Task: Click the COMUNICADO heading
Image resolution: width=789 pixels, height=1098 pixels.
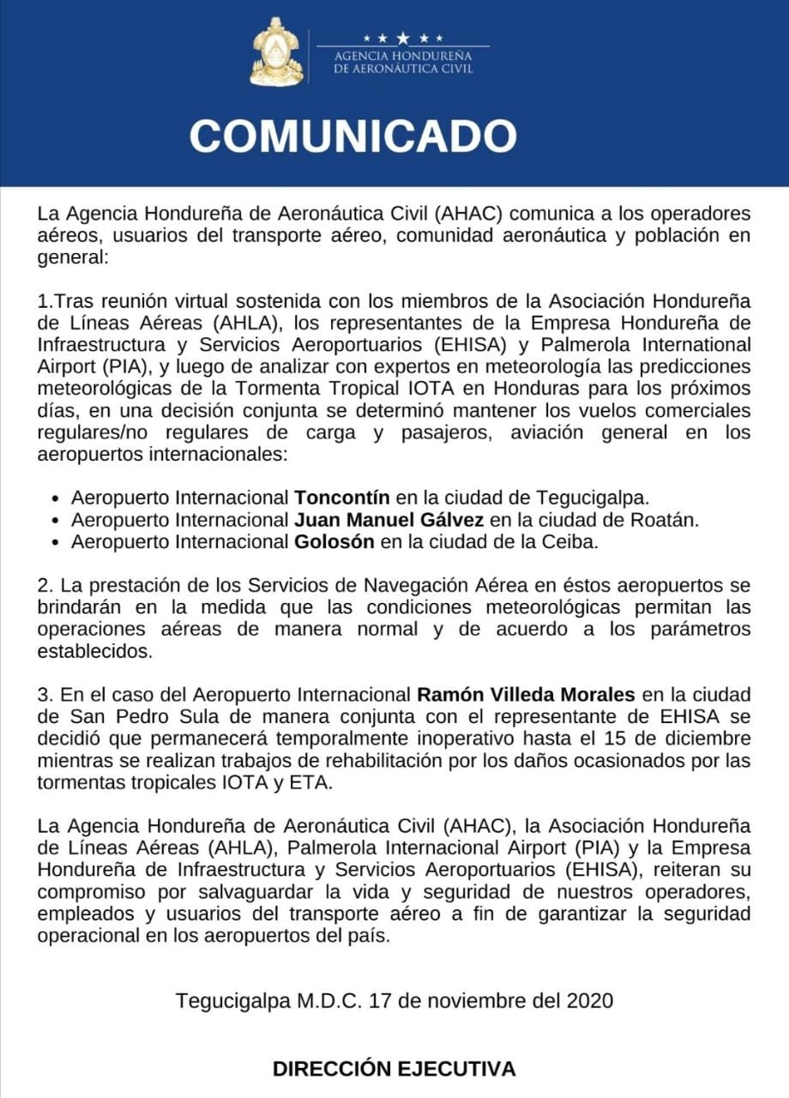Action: [352, 136]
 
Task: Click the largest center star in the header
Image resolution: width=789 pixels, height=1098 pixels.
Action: [403, 38]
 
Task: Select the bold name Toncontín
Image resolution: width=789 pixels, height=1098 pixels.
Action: [342, 498]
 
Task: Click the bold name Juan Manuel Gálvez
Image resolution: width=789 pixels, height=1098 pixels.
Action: [388, 520]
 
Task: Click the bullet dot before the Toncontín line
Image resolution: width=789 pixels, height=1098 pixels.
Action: [56, 498]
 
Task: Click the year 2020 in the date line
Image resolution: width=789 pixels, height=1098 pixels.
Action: [589, 1001]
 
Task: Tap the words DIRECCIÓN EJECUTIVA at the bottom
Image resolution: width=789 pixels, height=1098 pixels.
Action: [394, 1069]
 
